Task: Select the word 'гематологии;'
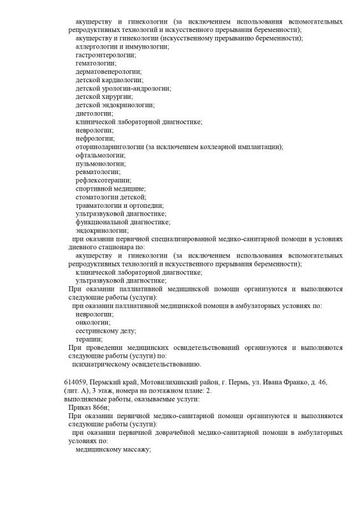[x=96, y=64]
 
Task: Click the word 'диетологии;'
[x=94, y=113]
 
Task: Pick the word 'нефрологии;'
[x=95, y=138]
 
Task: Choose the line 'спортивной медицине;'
[x=110, y=189]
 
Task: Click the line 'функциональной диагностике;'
[x=122, y=222]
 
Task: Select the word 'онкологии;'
[x=93, y=322]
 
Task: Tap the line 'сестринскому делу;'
[x=106, y=331]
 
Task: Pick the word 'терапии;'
[x=89, y=339]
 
